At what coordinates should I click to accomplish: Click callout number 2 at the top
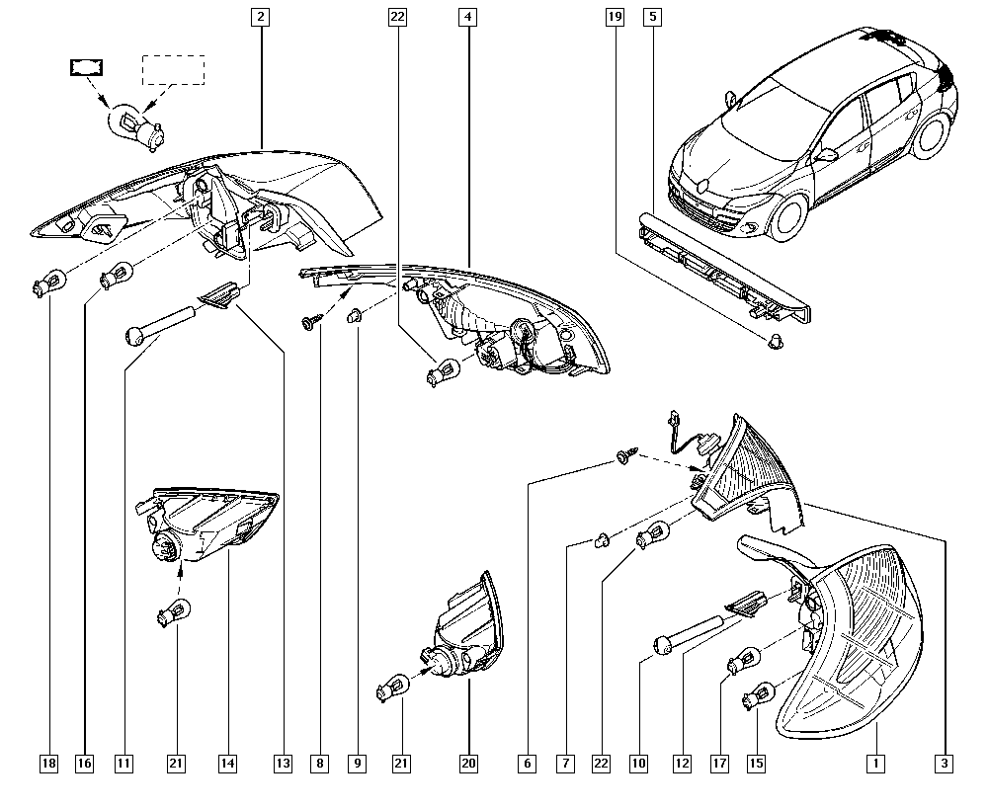260,16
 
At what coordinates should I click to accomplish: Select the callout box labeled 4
467,16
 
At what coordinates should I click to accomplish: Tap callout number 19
615,16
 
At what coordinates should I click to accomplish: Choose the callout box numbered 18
48,763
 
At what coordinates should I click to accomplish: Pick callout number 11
123,763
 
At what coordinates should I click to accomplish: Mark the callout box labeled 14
228,763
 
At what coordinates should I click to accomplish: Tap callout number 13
284,763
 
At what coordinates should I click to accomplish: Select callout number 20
467,763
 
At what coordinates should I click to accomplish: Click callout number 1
873,763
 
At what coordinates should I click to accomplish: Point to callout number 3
946,763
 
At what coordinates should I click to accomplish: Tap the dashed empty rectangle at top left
174,70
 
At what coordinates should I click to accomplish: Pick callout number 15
757,763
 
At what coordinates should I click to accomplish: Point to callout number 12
681,763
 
